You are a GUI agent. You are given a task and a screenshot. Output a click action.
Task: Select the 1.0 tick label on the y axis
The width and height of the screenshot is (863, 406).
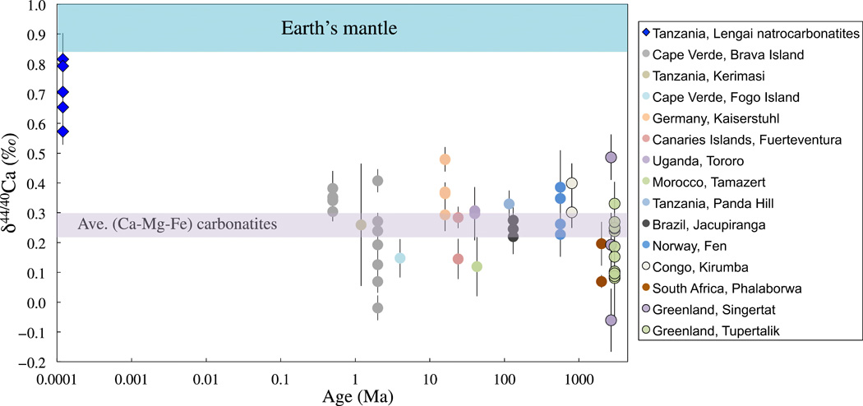click(x=38, y=7)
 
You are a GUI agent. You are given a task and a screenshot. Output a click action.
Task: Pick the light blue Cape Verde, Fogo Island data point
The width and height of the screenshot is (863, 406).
click(x=399, y=258)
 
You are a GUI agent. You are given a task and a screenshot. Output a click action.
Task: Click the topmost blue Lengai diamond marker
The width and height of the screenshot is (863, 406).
click(x=62, y=59)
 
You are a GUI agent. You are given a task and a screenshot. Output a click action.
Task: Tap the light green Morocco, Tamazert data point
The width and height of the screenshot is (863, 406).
click(x=477, y=266)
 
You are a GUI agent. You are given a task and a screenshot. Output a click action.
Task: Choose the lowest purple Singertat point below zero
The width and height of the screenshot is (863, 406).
click(x=611, y=321)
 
